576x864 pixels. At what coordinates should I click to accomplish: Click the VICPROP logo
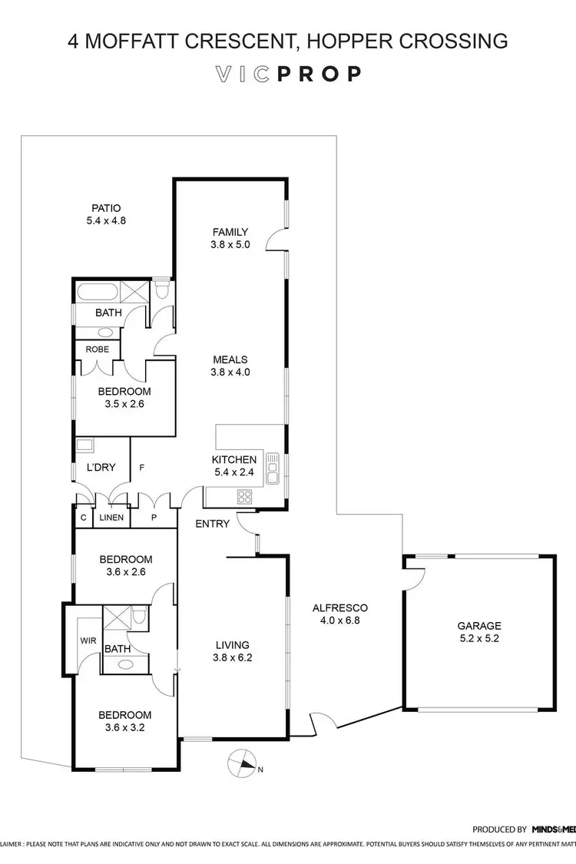point(288,74)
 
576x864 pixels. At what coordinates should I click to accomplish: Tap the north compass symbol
point(243,765)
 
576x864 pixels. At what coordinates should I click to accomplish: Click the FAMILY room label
point(230,232)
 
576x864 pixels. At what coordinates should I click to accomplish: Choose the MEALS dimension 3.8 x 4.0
point(230,372)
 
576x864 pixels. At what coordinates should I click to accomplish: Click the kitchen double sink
point(272,468)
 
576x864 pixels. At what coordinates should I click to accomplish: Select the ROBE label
point(97,349)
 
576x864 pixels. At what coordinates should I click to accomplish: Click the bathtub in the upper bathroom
point(96,292)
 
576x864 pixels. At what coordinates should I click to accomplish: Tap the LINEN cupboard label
point(111,518)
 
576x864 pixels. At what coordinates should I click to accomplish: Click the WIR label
point(85,639)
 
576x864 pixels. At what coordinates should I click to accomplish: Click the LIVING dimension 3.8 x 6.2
point(232,657)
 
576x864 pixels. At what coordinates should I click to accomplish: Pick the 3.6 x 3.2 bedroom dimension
point(124,727)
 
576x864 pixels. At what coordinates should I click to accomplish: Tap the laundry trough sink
point(84,445)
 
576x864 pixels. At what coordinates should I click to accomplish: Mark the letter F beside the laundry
point(141,466)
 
